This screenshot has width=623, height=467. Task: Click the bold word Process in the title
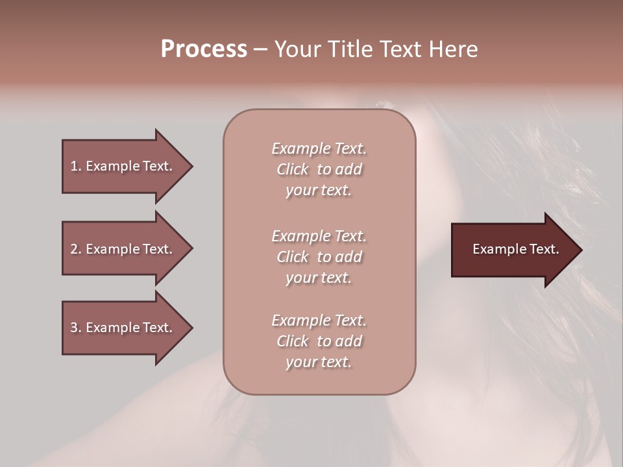204,49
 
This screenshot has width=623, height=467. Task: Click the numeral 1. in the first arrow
75,166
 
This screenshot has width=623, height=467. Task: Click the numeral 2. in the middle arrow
75,249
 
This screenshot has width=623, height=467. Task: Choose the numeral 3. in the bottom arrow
75,328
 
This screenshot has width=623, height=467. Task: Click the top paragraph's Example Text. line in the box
319,149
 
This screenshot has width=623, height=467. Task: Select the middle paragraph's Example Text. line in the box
319,236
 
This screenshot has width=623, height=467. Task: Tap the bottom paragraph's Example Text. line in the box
319,320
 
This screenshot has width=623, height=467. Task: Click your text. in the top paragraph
319,191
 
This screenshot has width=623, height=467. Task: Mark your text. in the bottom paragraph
319,363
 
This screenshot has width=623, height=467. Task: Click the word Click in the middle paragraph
293,257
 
